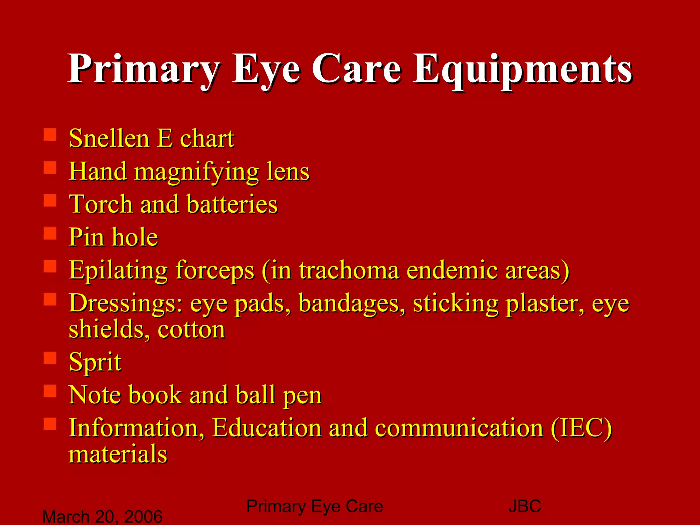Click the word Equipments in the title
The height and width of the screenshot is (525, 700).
pos(523,69)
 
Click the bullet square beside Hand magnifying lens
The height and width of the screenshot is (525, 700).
pos(50,168)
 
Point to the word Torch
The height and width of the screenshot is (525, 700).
pos(101,204)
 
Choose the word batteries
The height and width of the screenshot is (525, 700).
pos(232,204)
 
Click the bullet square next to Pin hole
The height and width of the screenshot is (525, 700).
pos(50,233)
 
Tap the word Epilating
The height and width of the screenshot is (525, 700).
pos(118,270)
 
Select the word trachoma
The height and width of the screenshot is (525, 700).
pos(349,270)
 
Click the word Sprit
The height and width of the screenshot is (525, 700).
pos(95,362)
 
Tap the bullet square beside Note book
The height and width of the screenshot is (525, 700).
pos(50,391)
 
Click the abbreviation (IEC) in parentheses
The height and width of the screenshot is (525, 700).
pos(581,428)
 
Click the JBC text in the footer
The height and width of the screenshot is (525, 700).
pos(525,506)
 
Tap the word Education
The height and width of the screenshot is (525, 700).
pos(267,428)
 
